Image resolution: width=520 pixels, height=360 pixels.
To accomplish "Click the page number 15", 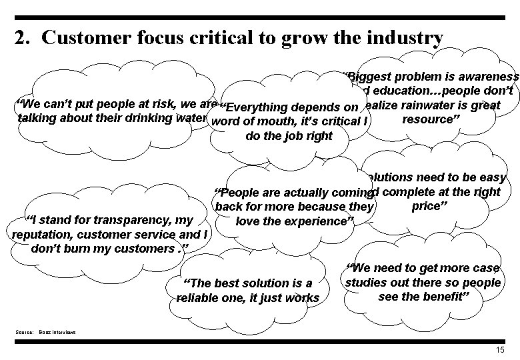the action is pos(500,350).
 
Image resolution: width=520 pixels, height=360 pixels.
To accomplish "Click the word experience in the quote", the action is pos(314,221).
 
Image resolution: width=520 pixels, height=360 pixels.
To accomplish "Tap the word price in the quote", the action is pos(425,205).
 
